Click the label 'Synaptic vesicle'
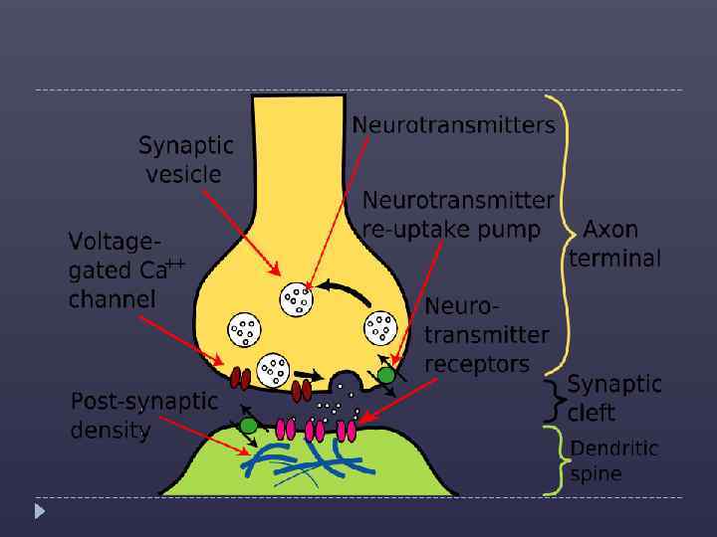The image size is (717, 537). pyautogui.click(x=185, y=160)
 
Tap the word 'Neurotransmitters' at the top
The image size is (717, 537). pyautogui.click(x=453, y=125)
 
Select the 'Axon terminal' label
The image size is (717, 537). pyautogui.click(x=614, y=244)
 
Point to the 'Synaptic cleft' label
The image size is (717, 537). pyautogui.click(x=613, y=398)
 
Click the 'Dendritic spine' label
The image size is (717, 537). pyautogui.click(x=613, y=460)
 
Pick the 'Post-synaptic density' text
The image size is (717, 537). pyautogui.click(x=143, y=416)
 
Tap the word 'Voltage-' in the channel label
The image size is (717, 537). pyautogui.click(x=114, y=241)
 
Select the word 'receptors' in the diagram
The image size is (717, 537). pyautogui.click(x=477, y=364)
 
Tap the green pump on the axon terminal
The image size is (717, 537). pyautogui.click(x=385, y=376)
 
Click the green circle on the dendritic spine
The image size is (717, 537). pyautogui.click(x=249, y=426)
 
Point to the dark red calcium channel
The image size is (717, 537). pyautogui.click(x=240, y=378)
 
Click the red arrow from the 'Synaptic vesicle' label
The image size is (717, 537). pyautogui.click(x=239, y=230)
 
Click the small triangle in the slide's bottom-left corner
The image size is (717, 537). pyautogui.click(x=40, y=511)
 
